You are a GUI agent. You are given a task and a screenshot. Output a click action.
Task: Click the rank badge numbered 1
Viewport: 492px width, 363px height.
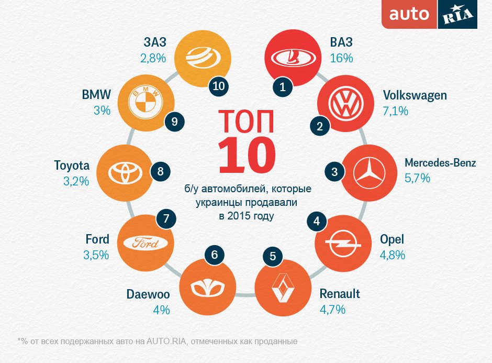(x=283, y=87)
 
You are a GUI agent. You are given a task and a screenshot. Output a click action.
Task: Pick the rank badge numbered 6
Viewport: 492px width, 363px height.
(x=214, y=256)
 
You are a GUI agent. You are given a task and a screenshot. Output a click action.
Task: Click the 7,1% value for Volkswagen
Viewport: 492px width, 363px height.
(x=396, y=111)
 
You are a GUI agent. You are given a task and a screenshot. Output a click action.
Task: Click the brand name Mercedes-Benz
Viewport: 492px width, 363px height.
(x=440, y=163)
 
